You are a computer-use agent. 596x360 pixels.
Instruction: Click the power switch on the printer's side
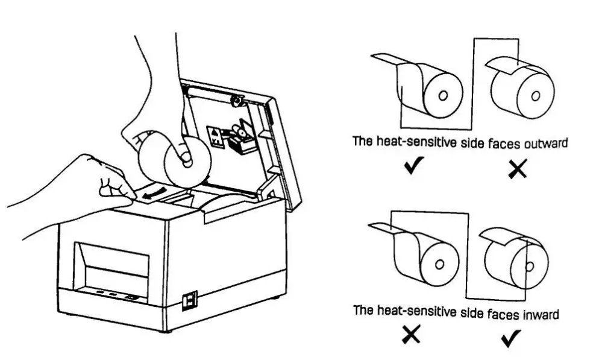pyautogui.click(x=189, y=300)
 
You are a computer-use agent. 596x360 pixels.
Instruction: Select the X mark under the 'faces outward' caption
pyautogui.click(x=516, y=170)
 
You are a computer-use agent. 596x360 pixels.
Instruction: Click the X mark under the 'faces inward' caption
pyautogui.click(x=412, y=336)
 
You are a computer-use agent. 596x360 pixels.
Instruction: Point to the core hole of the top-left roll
pyautogui.click(x=443, y=95)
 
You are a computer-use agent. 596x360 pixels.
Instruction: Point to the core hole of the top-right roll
pyautogui.click(x=533, y=94)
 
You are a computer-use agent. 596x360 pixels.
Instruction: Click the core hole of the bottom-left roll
pyautogui.click(x=440, y=264)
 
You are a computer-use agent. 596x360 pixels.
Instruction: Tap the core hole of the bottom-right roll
pyautogui.click(x=529, y=264)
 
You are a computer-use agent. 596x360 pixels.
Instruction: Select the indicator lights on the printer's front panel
pyautogui.click(x=118, y=295)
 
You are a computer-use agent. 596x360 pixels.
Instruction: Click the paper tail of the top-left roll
pyautogui.click(x=386, y=59)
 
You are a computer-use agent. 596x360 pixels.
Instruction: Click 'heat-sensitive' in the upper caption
pyautogui.click(x=415, y=144)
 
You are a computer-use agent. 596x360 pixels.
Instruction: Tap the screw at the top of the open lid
pyautogui.click(x=236, y=99)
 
